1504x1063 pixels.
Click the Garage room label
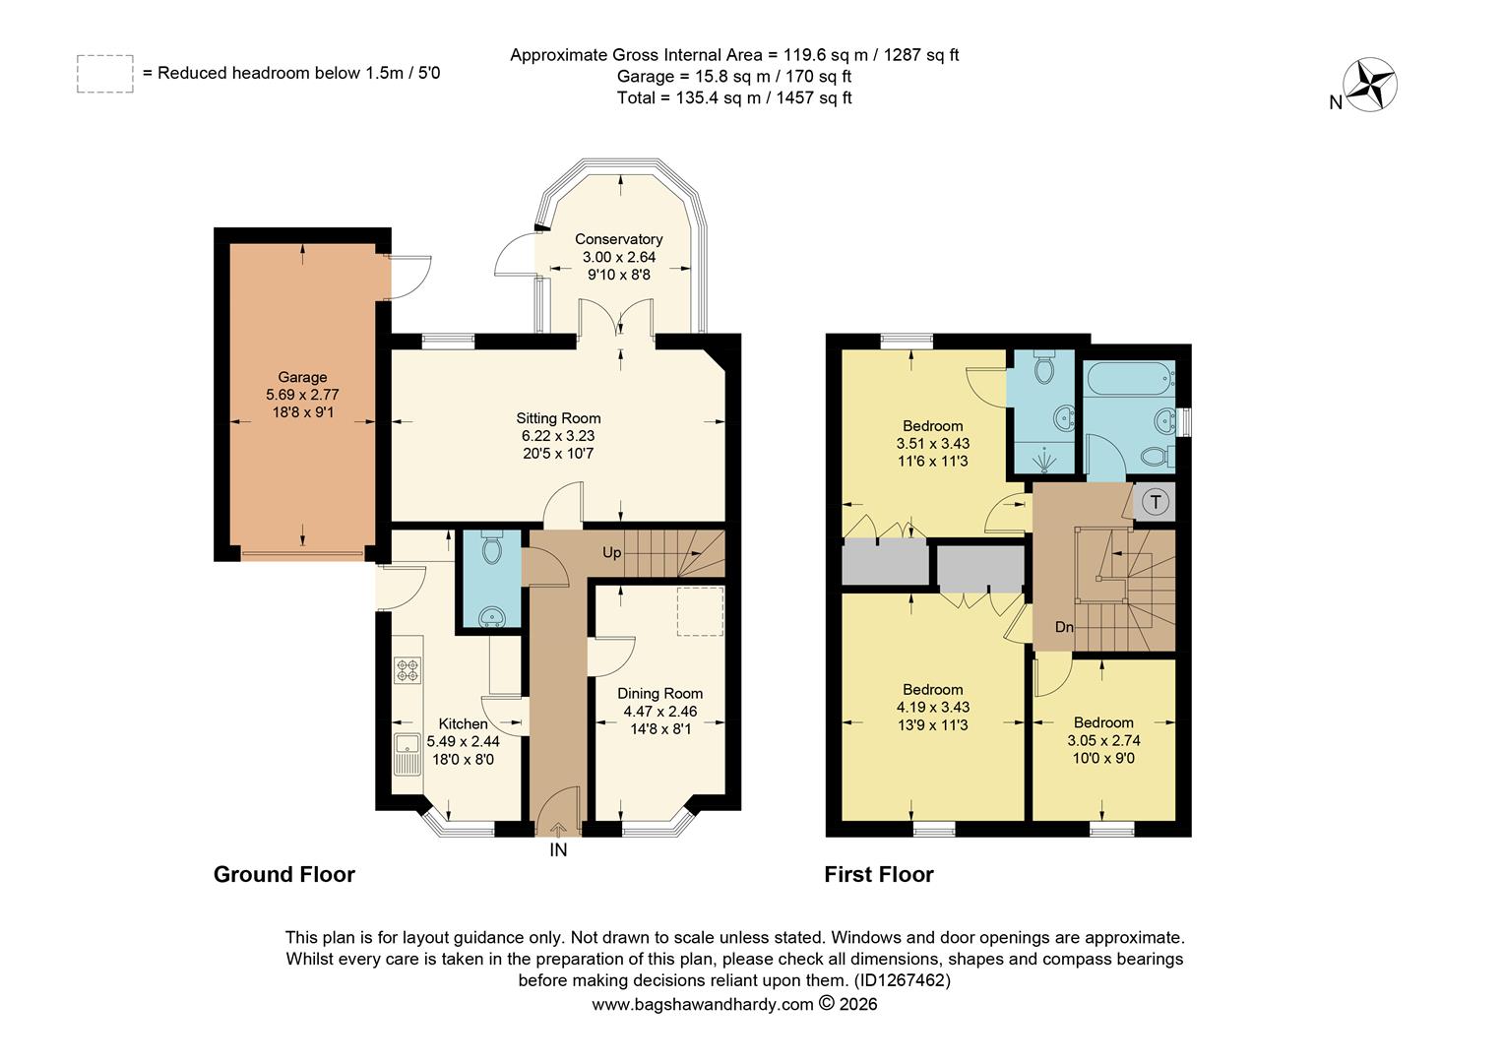[x=302, y=377]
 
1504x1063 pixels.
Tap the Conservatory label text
[x=618, y=239]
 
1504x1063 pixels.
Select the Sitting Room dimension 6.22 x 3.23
[x=558, y=436]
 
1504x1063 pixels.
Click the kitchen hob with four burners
[x=407, y=670]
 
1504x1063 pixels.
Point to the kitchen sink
[x=407, y=755]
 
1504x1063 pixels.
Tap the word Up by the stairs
[x=611, y=552]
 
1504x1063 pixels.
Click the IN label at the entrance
[x=558, y=850]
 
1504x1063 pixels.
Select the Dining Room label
[x=659, y=694]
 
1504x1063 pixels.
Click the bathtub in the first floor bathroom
[x=1128, y=376]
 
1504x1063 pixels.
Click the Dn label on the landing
[x=1064, y=627]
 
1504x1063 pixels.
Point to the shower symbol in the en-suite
[x=1044, y=458]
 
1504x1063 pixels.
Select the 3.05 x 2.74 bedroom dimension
[x=1103, y=740]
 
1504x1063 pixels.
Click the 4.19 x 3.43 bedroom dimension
[x=932, y=708]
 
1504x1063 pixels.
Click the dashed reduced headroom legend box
[x=105, y=74]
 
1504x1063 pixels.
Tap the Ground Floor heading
[x=283, y=874]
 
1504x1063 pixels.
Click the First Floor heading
[x=878, y=874]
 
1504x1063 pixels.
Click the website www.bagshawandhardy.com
[x=702, y=1005]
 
